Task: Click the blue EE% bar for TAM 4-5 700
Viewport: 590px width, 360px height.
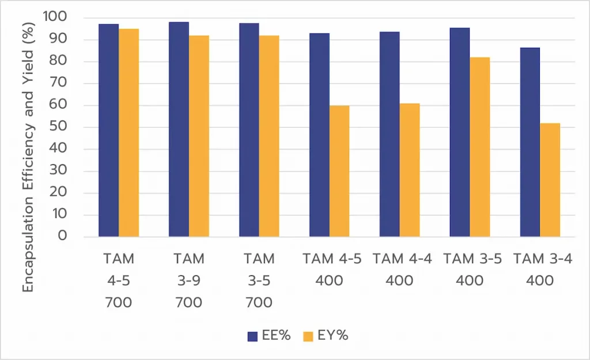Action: pos(108,130)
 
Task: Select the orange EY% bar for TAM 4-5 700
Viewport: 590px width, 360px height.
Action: pos(128,132)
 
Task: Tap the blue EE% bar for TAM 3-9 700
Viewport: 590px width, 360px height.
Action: pos(179,129)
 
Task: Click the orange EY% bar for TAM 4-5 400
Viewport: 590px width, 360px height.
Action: pos(339,171)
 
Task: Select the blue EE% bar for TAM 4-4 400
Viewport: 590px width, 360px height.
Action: pos(389,134)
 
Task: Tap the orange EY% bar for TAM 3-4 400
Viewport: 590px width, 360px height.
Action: pos(550,180)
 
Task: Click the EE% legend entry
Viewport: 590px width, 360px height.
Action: pos(268,336)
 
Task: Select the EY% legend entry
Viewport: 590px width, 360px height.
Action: pos(326,336)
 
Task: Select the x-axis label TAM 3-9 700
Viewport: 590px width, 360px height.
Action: pos(188,281)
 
